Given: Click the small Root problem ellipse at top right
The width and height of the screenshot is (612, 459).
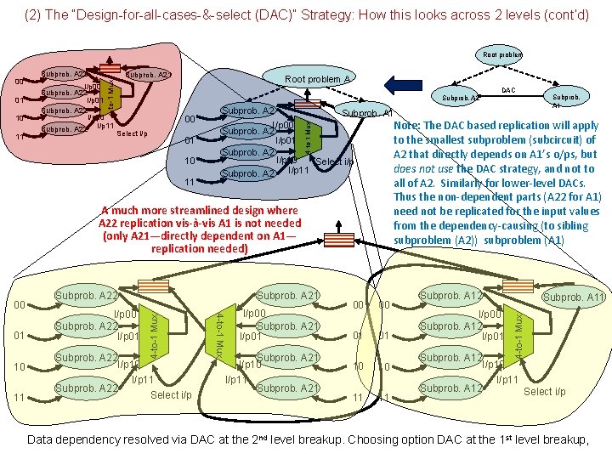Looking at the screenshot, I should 502,54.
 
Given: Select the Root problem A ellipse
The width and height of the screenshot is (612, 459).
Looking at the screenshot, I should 319,78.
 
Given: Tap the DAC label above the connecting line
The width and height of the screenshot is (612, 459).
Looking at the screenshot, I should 507,89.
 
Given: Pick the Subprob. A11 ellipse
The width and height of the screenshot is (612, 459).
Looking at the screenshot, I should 575,297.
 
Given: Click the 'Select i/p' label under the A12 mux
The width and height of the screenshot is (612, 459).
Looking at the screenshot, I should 544,392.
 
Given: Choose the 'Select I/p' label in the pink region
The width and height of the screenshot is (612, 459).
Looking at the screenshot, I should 132,133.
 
